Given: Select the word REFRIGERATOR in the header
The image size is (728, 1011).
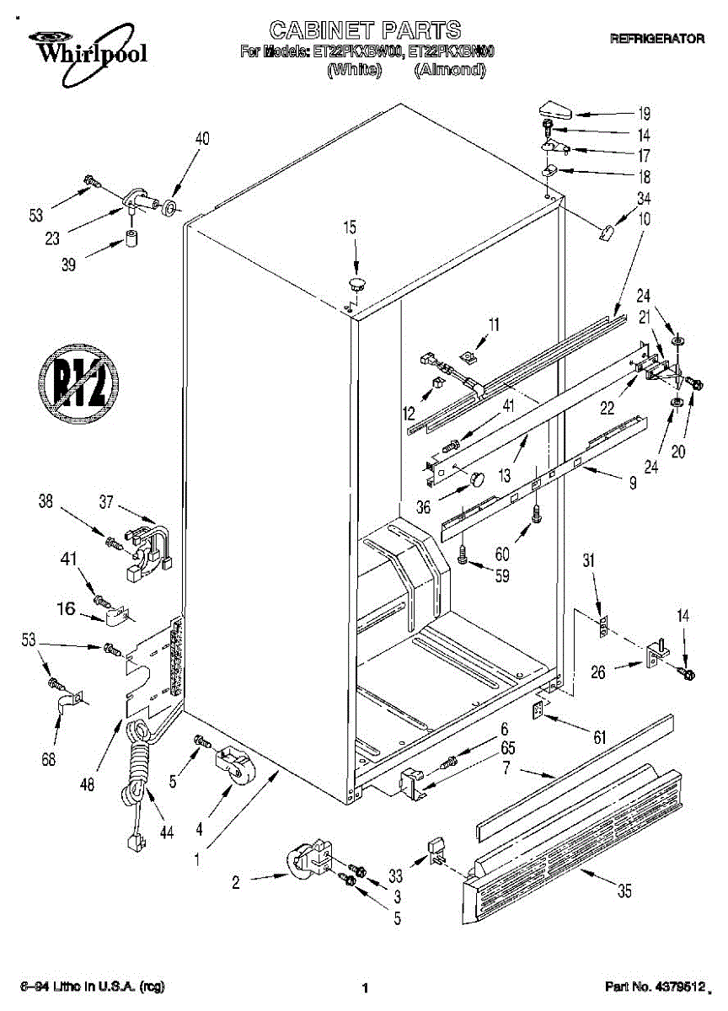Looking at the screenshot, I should (656, 39).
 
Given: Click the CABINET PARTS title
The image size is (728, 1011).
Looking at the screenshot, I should (365, 30).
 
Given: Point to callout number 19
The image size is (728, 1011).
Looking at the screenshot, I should (644, 114).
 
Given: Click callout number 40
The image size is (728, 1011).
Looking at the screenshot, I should (203, 139).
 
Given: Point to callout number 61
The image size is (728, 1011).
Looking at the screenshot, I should (598, 738).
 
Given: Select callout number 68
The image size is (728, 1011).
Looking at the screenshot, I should (48, 759).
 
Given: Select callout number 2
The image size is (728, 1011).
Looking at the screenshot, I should (236, 883).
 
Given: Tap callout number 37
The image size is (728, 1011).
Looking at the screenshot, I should (105, 503).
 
